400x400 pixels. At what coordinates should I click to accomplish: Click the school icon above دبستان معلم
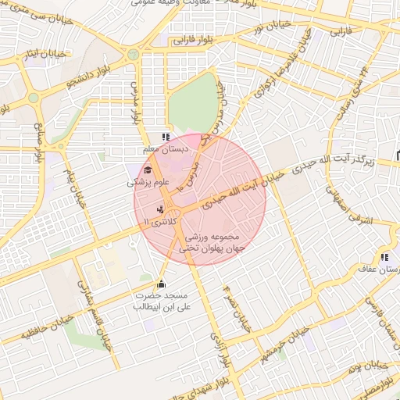[165, 137]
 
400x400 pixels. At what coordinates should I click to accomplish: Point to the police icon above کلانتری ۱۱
[160, 209]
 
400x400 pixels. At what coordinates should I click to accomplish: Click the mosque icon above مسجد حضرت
[162, 284]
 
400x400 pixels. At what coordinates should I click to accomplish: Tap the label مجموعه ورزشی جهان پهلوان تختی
[213, 242]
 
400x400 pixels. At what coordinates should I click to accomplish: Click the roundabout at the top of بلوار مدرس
[134, 54]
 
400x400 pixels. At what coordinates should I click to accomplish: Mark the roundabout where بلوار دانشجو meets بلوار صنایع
[34, 98]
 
